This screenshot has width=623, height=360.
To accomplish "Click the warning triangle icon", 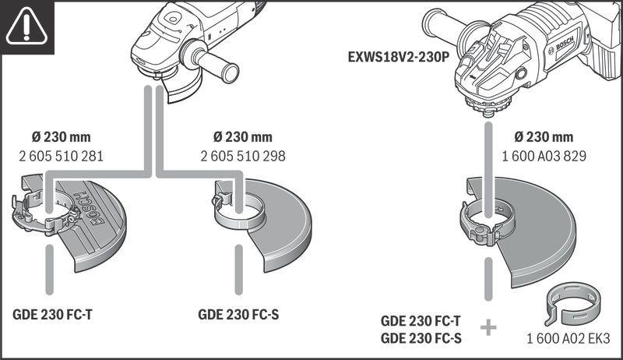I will point(25,26).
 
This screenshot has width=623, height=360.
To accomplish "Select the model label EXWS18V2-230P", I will point(400,57).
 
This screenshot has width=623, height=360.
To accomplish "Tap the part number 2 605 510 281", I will point(61,156).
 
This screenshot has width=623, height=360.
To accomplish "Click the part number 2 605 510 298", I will point(243,156).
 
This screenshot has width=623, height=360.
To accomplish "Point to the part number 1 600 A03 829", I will point(544,156).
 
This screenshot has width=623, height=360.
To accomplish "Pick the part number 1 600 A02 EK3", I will point(568,340).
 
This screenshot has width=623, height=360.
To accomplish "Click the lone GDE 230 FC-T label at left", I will point(53,316).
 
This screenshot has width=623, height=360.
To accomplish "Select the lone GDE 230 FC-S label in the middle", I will point(238,316).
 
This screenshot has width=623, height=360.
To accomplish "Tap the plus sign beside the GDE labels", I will point(488,327).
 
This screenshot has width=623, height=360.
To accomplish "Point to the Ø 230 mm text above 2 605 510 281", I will point(61,137).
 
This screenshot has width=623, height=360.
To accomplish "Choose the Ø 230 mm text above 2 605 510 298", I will point(243,137).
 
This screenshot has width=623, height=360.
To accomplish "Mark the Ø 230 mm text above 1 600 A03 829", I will point(544,137).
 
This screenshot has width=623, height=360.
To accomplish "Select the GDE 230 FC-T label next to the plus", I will point(421,321).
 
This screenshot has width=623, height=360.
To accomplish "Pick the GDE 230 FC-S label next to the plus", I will point(421,338).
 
